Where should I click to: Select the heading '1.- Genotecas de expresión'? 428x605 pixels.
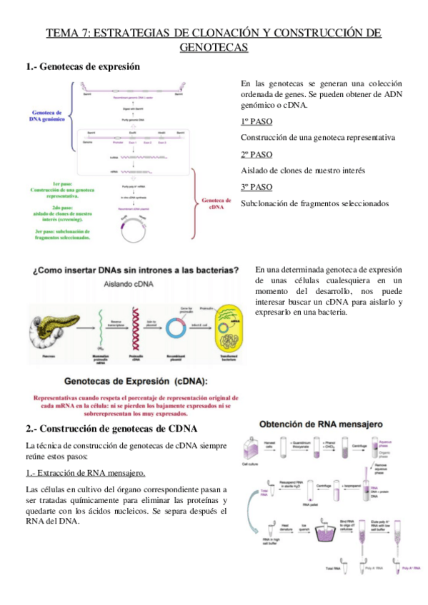coord(83,66)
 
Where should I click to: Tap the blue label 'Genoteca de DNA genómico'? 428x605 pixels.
coord(47,116)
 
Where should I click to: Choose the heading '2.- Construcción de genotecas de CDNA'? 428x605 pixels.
coord(111,429)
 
